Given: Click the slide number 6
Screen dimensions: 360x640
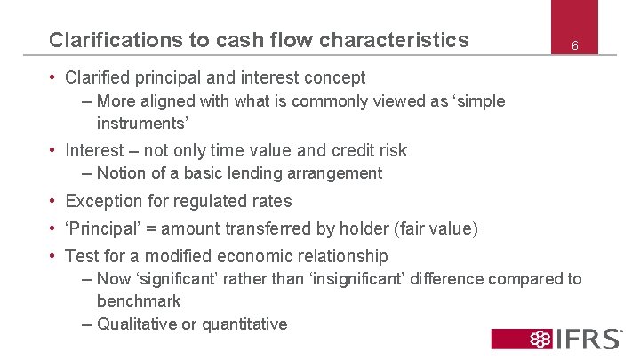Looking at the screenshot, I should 575,45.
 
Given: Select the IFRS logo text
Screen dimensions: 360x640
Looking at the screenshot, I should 589,339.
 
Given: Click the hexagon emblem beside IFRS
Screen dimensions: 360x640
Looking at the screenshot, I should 540,339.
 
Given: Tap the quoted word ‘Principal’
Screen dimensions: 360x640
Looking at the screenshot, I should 102,229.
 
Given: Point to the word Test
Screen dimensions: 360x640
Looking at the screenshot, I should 83,256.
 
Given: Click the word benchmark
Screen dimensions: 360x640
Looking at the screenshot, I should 139,301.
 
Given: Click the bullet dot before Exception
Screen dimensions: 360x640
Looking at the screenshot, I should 54,201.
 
